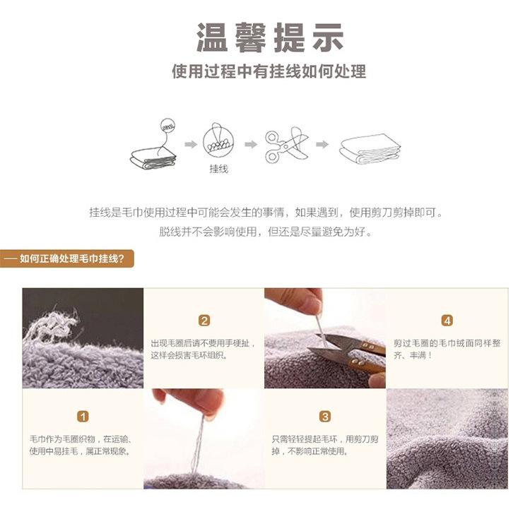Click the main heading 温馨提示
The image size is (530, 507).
click(x=270, y=37)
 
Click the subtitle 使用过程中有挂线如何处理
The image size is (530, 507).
click(x=269, y=71)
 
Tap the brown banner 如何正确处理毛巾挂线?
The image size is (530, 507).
click(x=67, y=258)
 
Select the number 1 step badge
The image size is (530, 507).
click(x=83, y=416)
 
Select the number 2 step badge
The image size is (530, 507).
click(x=204, y=321)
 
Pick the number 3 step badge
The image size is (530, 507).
click(x=325, y=416)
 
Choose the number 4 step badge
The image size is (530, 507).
click(x=447, y=321)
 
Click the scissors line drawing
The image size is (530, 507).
click(x=287, y=145)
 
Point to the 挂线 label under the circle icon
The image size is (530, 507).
click(x=218, y=169)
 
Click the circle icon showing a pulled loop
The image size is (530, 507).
click(x=218, y=142)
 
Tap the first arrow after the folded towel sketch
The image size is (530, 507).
click(x=191, y=145)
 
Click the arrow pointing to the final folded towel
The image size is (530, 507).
click(x=322, y=145)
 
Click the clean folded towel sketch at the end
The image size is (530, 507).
click(x=370, y=148)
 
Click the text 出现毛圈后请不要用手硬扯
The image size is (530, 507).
click(x=202, y=343)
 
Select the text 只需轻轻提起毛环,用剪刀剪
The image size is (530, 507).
click(x=325, y=439)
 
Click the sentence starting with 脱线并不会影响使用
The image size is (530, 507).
click(x=266, y=232)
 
